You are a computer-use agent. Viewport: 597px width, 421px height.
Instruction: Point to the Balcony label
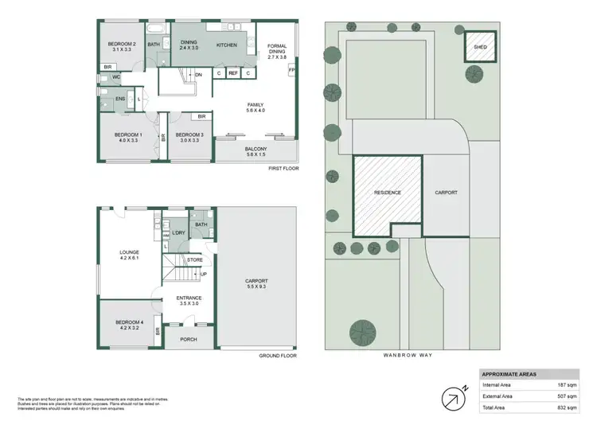(x=256, y=152)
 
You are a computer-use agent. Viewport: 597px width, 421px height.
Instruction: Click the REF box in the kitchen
(x=233, y=73)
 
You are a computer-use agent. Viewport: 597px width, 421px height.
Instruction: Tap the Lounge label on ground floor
(x=129, y=254)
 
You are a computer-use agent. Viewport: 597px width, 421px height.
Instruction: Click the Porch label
(x=189, y=340)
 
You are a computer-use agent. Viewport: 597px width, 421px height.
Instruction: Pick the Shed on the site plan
(x=480, y=46)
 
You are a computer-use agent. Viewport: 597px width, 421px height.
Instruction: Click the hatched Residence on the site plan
(x=387, y=193)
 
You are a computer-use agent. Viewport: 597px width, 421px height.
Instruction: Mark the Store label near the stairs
(x=195, y=259)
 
